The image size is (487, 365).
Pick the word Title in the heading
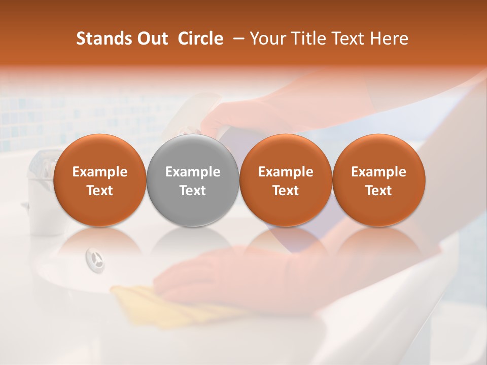tap(309, 39)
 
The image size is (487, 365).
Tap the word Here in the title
tap(389, 39)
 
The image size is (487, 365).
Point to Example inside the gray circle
tap(193, 172)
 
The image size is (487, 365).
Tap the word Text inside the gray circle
tap(193, 191)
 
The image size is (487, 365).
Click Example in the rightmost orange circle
tap(379, 172)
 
